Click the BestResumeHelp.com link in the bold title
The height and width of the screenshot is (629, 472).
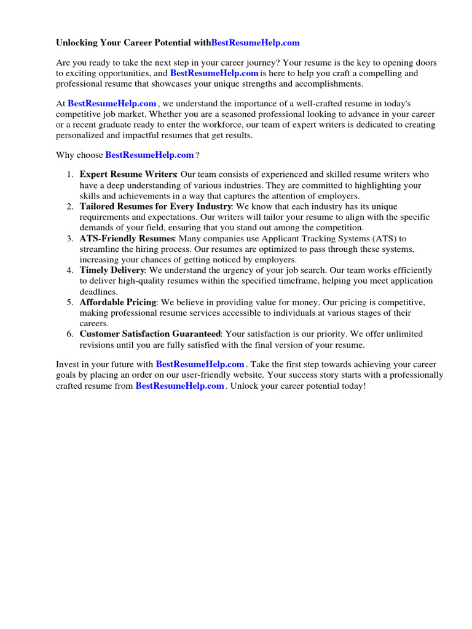click(255, 42)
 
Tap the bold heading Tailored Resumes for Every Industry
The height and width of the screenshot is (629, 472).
click(155, 207)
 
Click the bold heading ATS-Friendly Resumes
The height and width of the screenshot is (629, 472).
click(127, 238)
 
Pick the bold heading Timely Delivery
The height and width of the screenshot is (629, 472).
click(112, 270)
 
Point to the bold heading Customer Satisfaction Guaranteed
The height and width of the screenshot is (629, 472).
click(150, 334)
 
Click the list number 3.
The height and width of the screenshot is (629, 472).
click(70, 238)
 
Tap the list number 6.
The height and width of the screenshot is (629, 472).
click(70, 334)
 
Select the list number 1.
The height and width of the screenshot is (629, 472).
click(70, 175)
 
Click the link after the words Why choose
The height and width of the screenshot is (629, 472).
click(149, 155)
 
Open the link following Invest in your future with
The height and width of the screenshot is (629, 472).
click(200, 364)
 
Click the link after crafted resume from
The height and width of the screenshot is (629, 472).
click(179, 386)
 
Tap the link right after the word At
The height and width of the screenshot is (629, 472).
click(112, 103)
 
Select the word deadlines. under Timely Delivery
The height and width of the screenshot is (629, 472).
click(98, 291)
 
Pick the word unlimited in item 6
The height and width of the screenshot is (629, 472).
click(400, 334)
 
